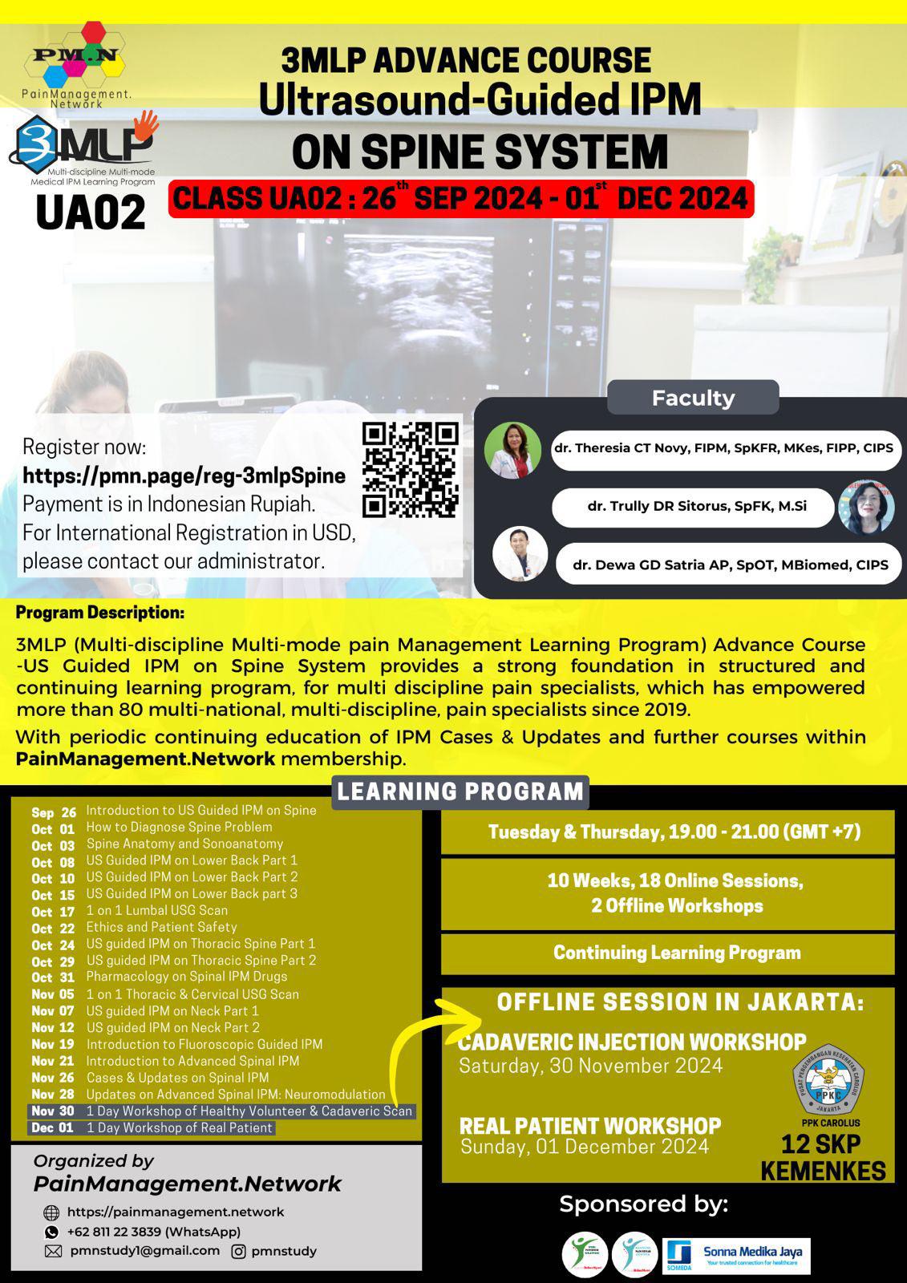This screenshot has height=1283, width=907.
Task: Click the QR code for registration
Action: (410, 469)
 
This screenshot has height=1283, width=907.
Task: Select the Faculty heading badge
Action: (693, 398)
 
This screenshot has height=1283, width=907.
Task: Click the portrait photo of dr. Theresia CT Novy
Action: (512, 450)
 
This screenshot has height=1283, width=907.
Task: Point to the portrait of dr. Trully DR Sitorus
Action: (866, 507)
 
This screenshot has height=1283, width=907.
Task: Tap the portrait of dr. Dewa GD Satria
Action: (520, 554)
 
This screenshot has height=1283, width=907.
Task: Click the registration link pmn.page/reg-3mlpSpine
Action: (184, 476)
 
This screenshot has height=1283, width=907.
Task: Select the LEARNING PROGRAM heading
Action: (460, 791)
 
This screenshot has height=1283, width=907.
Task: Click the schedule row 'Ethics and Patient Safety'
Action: (161, 927)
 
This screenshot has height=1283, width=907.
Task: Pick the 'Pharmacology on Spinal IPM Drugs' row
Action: (186, 977)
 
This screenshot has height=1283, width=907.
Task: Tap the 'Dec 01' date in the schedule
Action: (52, 1128)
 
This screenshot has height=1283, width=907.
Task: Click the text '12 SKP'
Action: (821, 1144)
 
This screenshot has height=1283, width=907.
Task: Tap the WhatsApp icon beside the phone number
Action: (52, 1232)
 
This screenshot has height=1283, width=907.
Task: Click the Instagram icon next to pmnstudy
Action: (238, 1251)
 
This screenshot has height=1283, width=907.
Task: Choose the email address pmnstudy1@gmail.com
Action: (144, 1251)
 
